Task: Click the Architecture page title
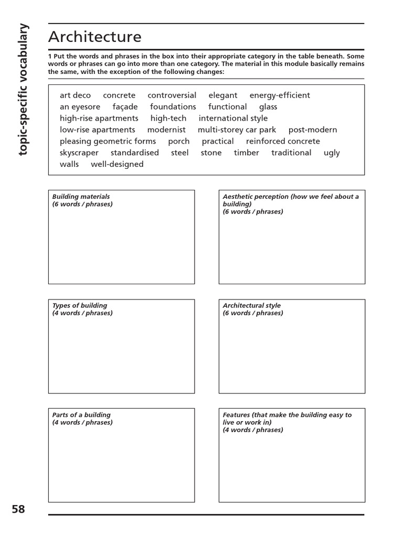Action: [94, 37]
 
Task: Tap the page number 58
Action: [18, 509]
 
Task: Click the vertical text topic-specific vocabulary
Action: [24, 90]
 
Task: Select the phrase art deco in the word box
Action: [75, 95]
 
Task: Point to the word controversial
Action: [172, 95]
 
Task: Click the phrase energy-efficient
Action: [279, 95]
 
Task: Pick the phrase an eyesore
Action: [80, 107]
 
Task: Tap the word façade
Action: [125, 107]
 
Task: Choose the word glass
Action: [268, 107]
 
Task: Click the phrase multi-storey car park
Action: [237, 130]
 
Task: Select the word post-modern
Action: [313, 130]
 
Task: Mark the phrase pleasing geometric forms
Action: [108, 142]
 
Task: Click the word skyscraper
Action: [79, 153]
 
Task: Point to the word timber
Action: [246, 153]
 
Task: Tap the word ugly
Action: [332, 153]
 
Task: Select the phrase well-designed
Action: [117, 165]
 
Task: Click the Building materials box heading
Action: [81, 197]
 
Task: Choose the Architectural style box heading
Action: [251, 306]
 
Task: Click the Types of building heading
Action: [79, 306]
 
